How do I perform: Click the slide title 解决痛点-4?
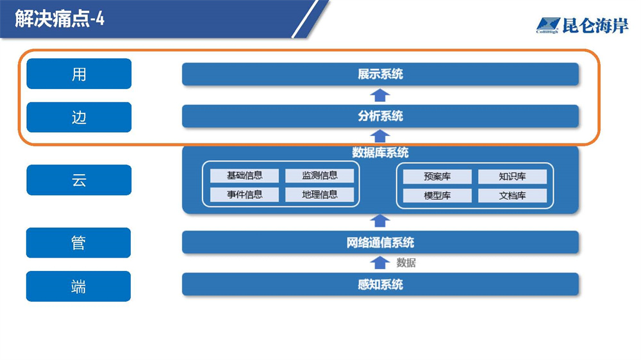click(x=60, y=19)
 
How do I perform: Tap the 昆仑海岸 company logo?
click(x=582, y=26)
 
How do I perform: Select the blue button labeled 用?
click(x=79, y=74)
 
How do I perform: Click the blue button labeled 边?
click(x=79, y=117)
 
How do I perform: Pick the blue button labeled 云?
click(x=79, y=180)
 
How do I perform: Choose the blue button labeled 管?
click(x=78, y=243)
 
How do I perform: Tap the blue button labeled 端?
click(x=78, y=286)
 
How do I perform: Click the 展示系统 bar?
click(x=380, y=74)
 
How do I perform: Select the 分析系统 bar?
click(x=380, y=117)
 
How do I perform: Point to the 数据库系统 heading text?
click(x=380, y=153)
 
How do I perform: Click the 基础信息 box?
click(x=244, y=176)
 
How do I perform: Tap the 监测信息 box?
click(x=319, y=176)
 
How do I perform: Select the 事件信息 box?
click(x=244, y=195)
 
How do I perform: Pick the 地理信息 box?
click(x=319, y=195)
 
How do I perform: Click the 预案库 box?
click(x=437, y=177)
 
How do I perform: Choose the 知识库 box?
click(x=512, y=177)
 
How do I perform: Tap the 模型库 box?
click(x=437, y=196)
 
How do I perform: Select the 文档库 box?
click(x=512, y=196)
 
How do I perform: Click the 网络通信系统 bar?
click(x=380, y=243)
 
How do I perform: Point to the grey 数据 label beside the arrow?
click(x=406, y=263)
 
